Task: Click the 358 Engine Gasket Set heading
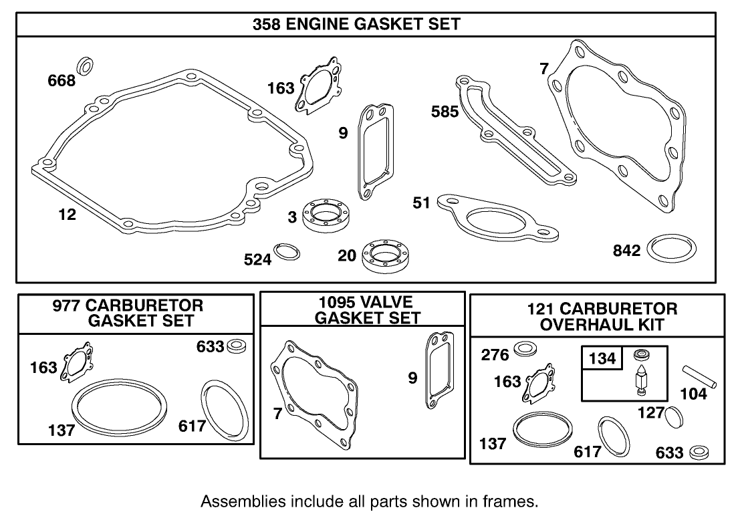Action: [356, 24]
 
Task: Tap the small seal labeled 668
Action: [86, 66]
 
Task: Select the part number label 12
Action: [67, 215]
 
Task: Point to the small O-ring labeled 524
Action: [288, 252]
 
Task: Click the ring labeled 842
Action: [672, 250]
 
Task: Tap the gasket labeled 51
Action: [494, 219]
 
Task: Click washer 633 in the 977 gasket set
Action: [237, 346]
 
